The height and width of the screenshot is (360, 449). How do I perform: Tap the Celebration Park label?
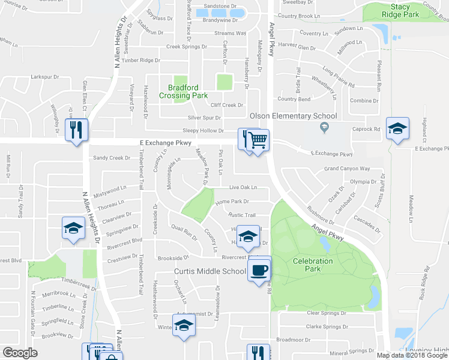click(x=312, y=265)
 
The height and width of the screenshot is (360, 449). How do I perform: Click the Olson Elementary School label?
click(x=293, y=116)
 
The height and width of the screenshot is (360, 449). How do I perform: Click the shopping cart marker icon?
click(x=258, y=140)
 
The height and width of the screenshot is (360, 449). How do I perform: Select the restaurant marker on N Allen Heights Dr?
click(x=76, y=130)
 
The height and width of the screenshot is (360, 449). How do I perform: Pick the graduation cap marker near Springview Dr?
click(x=73, y=229)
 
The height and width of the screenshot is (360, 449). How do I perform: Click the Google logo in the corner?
click(x=20, y=353)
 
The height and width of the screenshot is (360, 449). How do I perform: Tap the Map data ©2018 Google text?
click(x=412, y=355)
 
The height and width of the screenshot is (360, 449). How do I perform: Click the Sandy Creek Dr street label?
click(x=111, y=158)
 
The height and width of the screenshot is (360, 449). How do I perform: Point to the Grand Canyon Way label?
click(x=347, y=169)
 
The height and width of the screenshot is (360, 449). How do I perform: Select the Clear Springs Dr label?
click(x=327, y=313)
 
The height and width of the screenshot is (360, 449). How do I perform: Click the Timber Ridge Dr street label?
click(x=141, y=61)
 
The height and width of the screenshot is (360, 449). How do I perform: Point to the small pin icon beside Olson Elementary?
click(x=325, y=127)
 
